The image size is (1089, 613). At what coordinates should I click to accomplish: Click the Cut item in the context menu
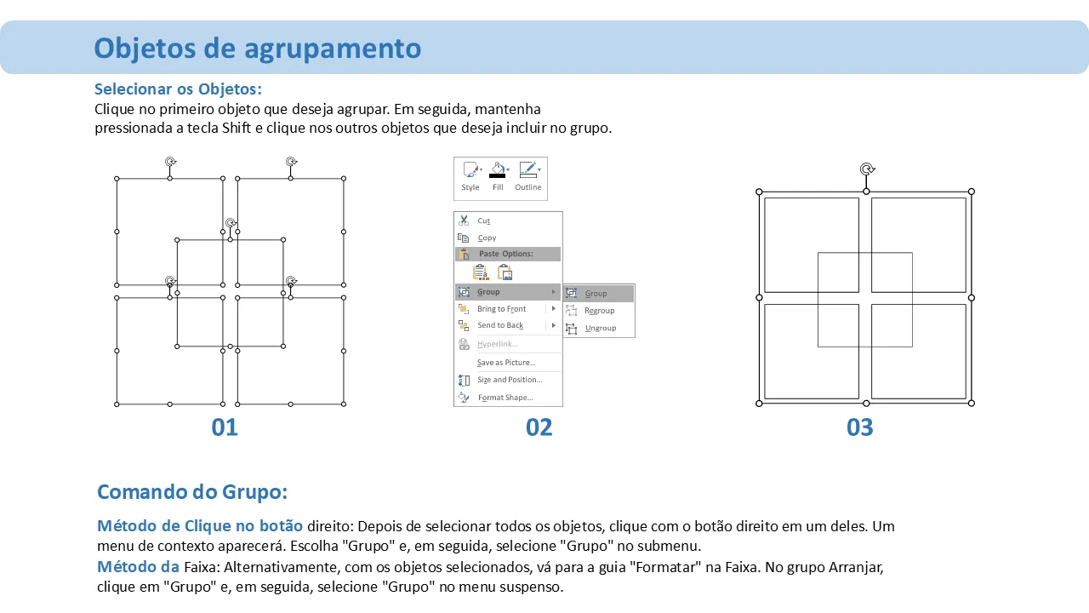pyautogui.click(x=483, y=221)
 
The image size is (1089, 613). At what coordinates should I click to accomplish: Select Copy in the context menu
pyautogui.click(x=487, y=238)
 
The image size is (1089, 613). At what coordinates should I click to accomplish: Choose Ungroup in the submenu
pyautogui.click(x=601, y=329)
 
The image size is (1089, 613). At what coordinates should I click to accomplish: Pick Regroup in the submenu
pyautogui.click(x=600, y=311)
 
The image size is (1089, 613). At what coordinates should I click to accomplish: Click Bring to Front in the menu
pyautogui.click(x=501, y=309)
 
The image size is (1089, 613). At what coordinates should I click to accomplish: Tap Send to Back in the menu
pyautogui.click(x=500, y=325)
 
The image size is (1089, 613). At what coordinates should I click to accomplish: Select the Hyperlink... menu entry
pyautogui.click(x=498, y=344)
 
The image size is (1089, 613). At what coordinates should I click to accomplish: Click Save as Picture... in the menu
pyautogui.click(x=506, y=363)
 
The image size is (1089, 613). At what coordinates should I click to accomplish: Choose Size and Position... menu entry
pyautogui.click(x=510, y=380)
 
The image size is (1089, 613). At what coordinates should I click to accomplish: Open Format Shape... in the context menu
pyautogui.click(x=505, y=398)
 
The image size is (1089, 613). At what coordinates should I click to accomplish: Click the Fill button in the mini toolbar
pyautogui.click(x=498, y=176)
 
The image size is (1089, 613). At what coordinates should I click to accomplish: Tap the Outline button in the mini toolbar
pyautogui.click(x=528, y=176)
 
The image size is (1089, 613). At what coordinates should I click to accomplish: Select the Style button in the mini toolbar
pyautogui.click(x=470, y=176)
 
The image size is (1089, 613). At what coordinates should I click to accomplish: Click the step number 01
pyautogui.click(x=225, y=427)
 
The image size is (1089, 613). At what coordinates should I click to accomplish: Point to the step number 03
pyautogui.click(x=859, y=427)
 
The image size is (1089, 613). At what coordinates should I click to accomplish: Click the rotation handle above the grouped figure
pyautogui.click(x=867, y=169)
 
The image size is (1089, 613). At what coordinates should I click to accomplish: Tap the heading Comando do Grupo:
pyautogui.click(x=192, y=492)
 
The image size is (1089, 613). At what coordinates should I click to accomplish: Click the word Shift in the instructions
pyautogui.click(x=237, y=128)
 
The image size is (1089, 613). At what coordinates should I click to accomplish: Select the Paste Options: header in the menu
pyautogui.click(x=505, y=254)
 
